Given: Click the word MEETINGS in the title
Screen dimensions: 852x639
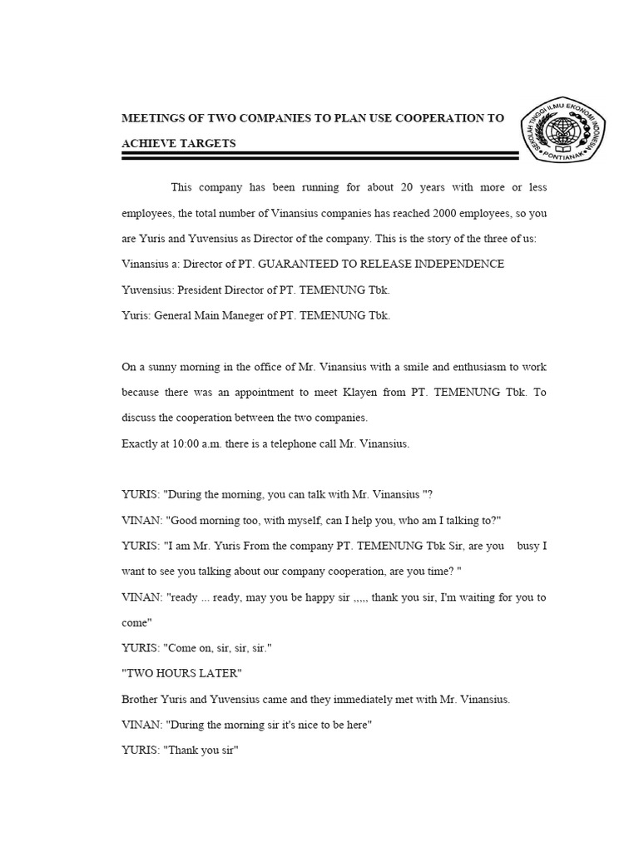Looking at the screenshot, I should (x=156, y=118).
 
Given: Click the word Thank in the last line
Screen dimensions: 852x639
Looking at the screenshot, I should (x=182, y=750).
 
